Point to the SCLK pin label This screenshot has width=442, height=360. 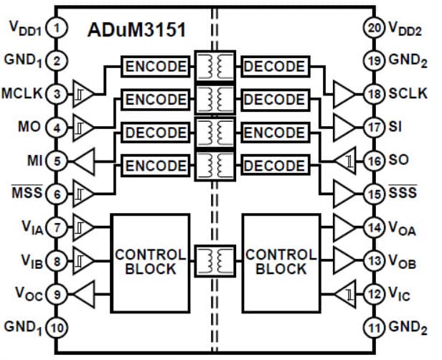coord(409,94)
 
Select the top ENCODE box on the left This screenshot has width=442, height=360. coord(156,67)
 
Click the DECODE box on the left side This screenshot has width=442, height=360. coord(156,133)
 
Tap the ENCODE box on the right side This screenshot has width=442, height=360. coord(275,133)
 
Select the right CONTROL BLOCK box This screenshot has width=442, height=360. coord(281,262)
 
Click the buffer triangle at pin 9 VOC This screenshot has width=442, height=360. coord(85,293)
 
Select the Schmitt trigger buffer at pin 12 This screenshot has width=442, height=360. coord(347,293)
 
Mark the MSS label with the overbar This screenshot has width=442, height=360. coord(26,194)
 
